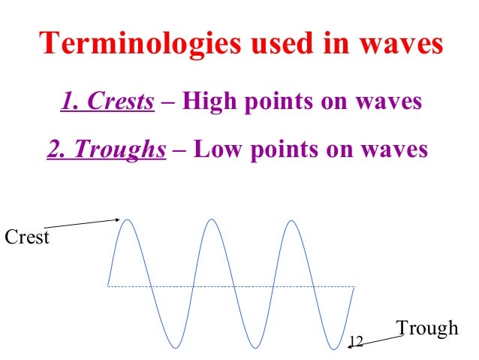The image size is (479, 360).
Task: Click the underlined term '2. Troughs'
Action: pos(106,149)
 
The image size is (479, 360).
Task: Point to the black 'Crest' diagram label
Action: pos(26,238)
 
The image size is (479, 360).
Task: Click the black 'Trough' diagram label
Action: pos(426,328)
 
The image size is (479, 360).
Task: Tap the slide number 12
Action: pos(356,342)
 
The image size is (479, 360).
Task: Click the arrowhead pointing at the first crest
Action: pos(118,219)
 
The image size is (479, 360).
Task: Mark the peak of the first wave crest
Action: pos(129,219)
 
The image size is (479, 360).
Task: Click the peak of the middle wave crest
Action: pos(212,219)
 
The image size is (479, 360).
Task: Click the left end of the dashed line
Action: pos(108,286)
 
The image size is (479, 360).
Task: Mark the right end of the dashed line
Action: pos(354,286)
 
